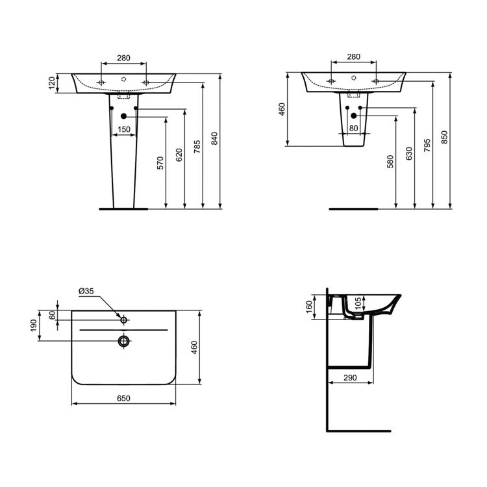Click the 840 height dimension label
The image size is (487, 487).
click(215, 138)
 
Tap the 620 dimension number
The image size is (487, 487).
click(179, 154)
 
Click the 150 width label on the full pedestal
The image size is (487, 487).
click(123, 130)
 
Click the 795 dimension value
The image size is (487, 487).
click(427, 145)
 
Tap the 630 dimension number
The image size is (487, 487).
click(408, 154)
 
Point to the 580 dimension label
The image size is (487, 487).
click(390, 162)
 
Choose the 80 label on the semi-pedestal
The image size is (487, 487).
click(353, 129)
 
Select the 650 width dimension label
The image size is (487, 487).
click(123, 398)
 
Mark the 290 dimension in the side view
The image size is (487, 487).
click(351, 378)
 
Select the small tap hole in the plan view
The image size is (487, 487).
click(123, 319)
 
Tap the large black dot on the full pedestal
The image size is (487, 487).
click(123, 116)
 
